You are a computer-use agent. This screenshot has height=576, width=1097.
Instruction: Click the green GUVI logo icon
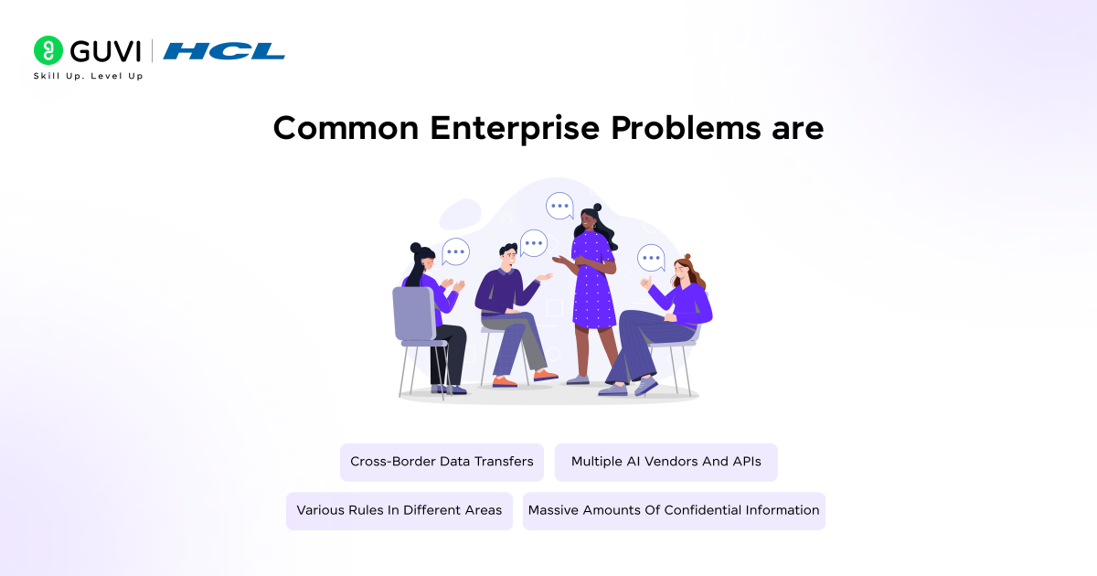pyautogui.click(x=48, y=50)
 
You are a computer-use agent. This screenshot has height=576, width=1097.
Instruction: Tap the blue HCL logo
pyautogui.click(x=224, y=51)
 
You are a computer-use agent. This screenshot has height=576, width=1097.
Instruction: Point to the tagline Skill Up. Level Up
pyautogui.click(x=88, y=76)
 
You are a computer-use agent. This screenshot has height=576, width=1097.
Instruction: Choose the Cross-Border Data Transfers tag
pyautogui.click(x=442, y=462)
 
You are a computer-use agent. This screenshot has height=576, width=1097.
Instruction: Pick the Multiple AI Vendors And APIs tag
pyautogui.click(x=666, y=462)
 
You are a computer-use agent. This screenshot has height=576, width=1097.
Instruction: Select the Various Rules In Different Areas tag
pyautogui.click(x=399, y=510)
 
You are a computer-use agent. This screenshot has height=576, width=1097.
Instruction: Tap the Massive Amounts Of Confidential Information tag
pyautogui.click(x=674, y=510)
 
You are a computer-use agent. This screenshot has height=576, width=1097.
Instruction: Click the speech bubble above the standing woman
pyautogui.click(x=559, y=206)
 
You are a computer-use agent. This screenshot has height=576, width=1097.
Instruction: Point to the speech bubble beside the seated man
pyautogui.click(x=534, y=242)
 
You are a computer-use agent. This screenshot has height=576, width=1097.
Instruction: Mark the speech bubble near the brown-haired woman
pyautogui.click(x=651, y=258)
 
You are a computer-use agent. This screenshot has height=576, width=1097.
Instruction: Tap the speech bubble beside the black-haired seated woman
pyautogui.click(x=455, y=251)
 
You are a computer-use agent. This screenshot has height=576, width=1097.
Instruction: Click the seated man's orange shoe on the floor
pyautogui.click(x=546, y=375)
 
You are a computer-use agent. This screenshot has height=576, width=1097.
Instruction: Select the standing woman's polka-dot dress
pyautogui.click(x=592, y=283)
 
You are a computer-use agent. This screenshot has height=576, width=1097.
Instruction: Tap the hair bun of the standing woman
pyautogui.click(x=597, y=208)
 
